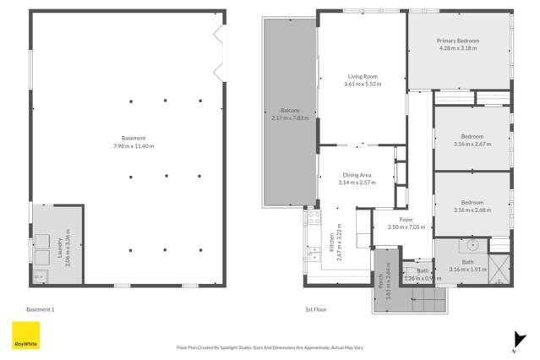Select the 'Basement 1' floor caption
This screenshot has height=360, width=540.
click(x=41, y=309)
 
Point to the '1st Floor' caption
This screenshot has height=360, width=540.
click(x=315, y=309)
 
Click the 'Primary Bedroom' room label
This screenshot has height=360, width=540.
click(x=457, y=41)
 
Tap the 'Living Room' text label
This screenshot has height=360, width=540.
click(x=363, y=77)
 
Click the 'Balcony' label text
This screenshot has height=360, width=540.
click(x=290, y=110)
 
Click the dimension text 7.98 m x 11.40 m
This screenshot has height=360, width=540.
click(x=134, y=146)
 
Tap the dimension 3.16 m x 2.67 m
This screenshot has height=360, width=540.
click(x=472, y=145)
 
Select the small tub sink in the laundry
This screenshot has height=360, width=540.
click(x=39, y=274)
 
